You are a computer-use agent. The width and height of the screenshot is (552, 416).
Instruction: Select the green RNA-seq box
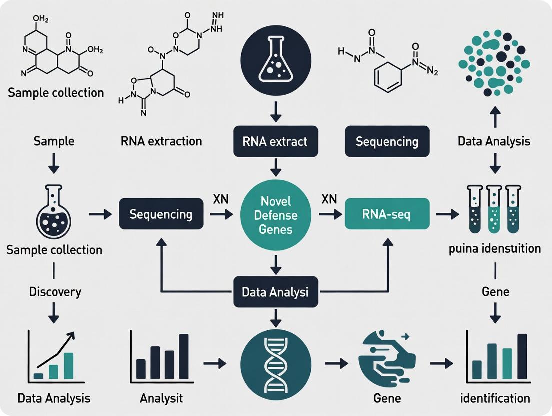point(387,214)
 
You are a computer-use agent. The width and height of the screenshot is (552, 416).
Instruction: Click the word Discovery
point(55,291)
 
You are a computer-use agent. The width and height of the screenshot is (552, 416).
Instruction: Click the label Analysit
point(161,398)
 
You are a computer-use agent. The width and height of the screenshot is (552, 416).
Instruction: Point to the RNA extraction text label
point(161,141)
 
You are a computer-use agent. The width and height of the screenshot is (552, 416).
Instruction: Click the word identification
point(495,398)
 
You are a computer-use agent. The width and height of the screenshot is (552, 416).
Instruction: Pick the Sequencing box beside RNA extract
point(387,141)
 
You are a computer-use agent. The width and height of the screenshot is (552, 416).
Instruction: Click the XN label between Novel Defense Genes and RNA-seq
point(329,199)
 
